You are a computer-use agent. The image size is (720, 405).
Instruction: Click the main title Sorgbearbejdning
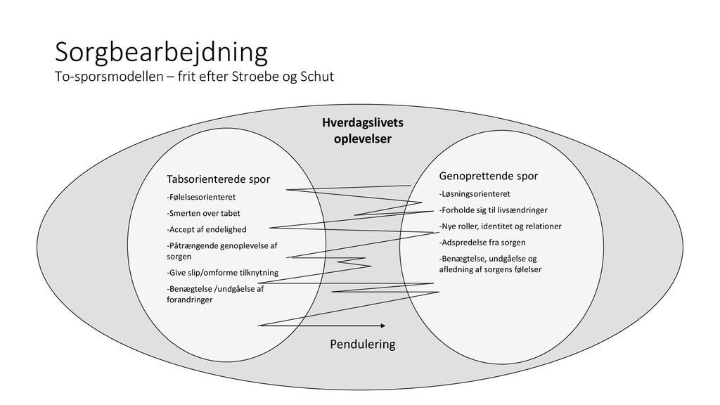(162, 52)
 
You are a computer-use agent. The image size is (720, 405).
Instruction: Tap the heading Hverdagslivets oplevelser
(362, 131)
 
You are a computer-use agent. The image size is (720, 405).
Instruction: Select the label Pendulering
(363, 345)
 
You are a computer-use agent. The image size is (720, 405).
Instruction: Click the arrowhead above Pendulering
(382, 326)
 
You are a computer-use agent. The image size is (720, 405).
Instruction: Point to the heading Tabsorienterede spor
(218, 179)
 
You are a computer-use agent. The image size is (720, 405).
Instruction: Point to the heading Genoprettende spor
(488, 175)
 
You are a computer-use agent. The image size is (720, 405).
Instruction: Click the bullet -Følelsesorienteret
(201, 197)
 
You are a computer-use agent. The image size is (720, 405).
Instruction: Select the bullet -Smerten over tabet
(203, 213)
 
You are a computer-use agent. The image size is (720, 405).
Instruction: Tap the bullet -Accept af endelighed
(207, 229)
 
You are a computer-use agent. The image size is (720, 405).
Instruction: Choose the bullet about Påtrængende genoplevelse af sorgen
(222, 251)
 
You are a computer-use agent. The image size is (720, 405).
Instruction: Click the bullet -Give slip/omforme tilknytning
(222, 272)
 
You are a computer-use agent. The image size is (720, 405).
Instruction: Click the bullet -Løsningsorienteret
(475, 193)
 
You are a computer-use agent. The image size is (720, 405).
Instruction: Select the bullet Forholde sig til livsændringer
(492, 210)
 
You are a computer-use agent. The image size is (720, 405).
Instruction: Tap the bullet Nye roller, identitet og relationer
(500, 226)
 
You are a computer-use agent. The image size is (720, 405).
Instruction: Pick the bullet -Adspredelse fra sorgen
(482, 242)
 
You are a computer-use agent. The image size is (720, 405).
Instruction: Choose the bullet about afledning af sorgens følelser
(490, 264)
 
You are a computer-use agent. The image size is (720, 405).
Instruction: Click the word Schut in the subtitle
(318, 76)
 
